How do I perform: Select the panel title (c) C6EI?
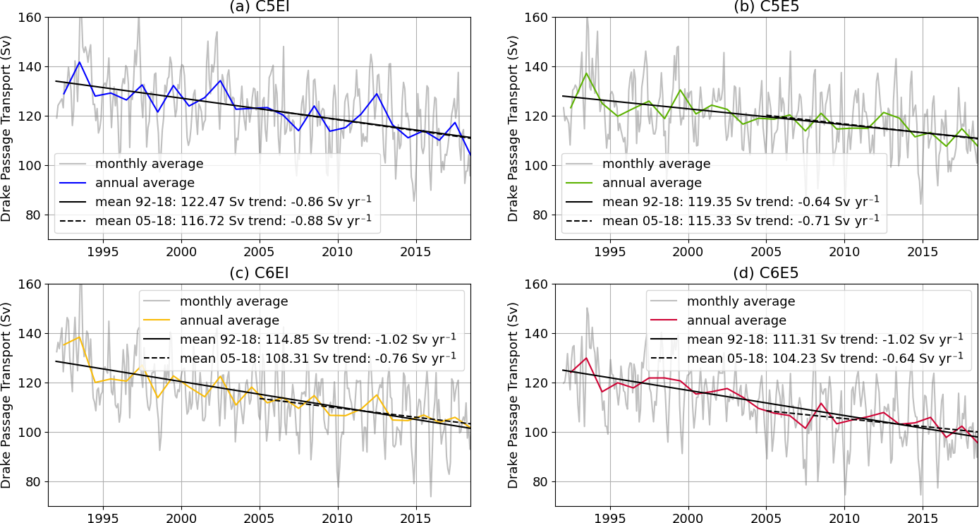[x=260, y=274]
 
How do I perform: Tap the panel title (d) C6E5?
[x=767, y=274]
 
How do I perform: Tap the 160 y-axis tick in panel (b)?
[x=538, y=17]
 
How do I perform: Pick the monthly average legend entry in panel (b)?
[x=657, y=164]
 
